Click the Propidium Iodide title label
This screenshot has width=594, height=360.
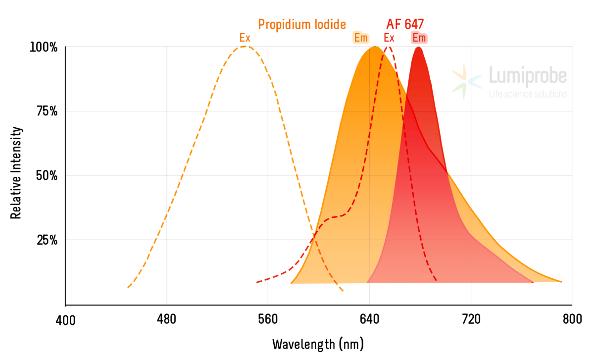click(x=302, y=24)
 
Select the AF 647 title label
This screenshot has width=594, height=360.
click(x=405, y=24)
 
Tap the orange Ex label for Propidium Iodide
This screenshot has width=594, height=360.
click(x=245, y=38)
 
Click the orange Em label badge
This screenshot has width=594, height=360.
click(x=360, y=38)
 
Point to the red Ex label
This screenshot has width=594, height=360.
click(x=389, y=38)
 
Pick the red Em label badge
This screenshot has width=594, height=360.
click(x=419, y=38)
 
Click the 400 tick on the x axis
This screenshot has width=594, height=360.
click(x=65, y=321)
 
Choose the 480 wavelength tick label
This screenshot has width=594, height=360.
click(x=166, y=320)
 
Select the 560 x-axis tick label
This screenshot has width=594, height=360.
click(x=268, y=320)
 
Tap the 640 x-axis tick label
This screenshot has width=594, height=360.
click(x=369, y=320)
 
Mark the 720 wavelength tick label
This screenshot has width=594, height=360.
click(x=471, y=320)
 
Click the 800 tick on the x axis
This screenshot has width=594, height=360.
click(x=572, y=320)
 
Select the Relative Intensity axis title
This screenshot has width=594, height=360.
click(x=16, y=173)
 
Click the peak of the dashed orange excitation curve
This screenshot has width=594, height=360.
click(x=245, y=47)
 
